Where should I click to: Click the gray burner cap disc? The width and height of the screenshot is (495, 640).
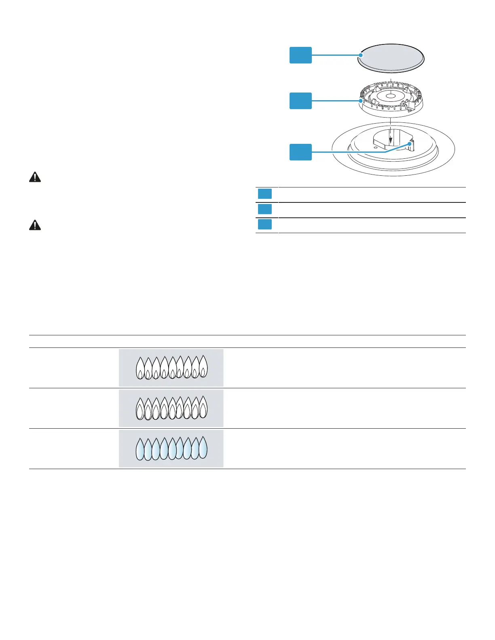click(391, 58)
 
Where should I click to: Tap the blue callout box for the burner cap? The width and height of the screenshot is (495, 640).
click(300, 55)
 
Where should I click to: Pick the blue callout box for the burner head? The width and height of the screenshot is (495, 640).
click(300, 101)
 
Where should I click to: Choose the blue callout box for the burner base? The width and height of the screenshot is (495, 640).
click(300, 152)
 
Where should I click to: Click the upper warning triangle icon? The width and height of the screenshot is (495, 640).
click(35, 177)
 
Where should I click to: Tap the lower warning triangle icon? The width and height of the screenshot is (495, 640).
click(35, 225)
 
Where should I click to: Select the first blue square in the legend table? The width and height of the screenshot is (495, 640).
click(265, 194)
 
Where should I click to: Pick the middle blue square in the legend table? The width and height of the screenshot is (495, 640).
click(265, 209)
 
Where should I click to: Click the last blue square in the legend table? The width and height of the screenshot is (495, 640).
click(265, 224)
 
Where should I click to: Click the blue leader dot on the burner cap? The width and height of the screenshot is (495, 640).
click(361, 55)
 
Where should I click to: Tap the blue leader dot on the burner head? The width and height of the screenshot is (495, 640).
click(361, 101)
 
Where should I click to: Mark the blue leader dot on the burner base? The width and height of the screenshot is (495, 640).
click(411, 143)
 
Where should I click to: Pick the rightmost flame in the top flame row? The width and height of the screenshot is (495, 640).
click(203, 366)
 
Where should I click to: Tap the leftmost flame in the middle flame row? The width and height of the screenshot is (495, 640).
click(140, 409)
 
